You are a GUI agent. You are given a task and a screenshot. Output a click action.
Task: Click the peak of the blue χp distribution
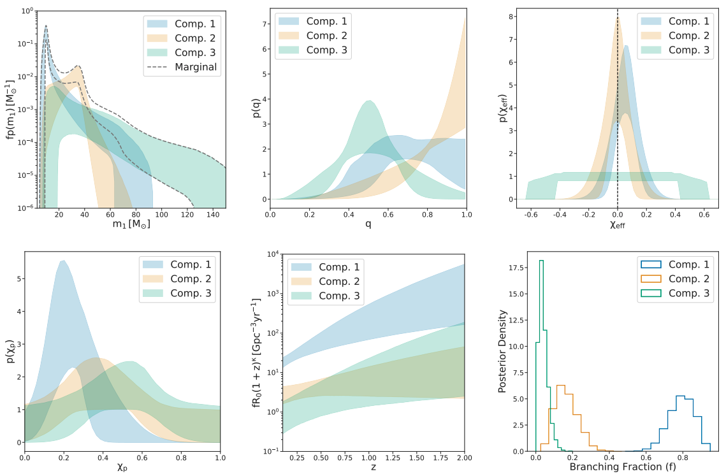pyautogui.click(x=62, y=261)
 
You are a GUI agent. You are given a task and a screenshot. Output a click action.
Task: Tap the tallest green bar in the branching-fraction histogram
pyautogui.click(x=541, y=261)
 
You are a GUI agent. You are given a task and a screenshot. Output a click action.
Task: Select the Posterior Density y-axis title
pyautogui.click(x=502, y=352)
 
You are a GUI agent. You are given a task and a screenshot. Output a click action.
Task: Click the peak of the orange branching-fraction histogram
pyautogui.click(x=561, y=386)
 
